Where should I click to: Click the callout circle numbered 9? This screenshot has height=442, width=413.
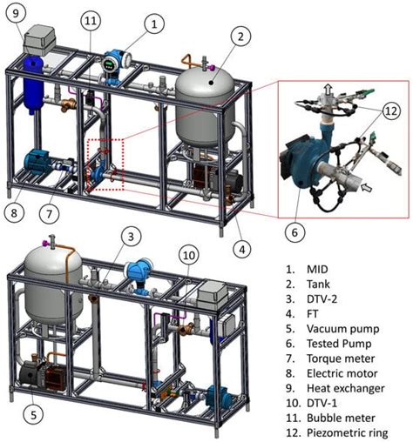(x=18, y=13)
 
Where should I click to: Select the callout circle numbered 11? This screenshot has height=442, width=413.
(x=91, y=20)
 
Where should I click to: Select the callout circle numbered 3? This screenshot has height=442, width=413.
(x=130, y=235)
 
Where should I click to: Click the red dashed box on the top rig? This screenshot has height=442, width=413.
(x=105, y=163)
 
